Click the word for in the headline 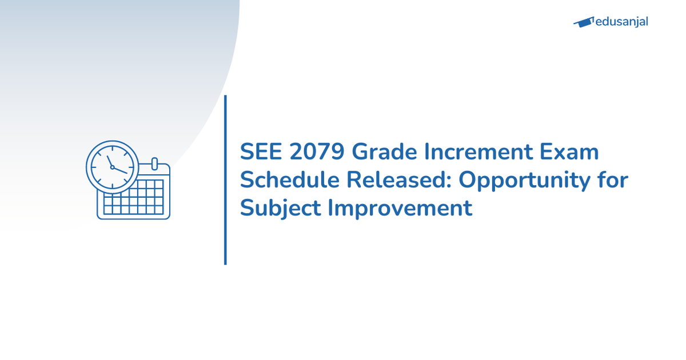point(613,180)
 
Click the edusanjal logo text point(621,22)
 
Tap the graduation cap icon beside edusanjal point(583,23)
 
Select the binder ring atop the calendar point(154,163)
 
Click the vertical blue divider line point(225,180)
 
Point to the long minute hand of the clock point(120,170)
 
